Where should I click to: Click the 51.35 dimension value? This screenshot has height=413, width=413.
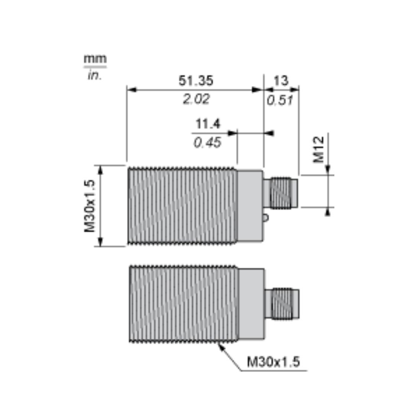(x=196, y=81)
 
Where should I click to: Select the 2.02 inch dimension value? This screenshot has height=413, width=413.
(x=196, y=99)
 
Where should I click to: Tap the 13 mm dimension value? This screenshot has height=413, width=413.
(x=281, y=81)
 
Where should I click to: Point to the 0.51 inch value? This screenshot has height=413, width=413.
(x=280, y=100)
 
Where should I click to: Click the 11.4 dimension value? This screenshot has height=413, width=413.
(x=208, y=124)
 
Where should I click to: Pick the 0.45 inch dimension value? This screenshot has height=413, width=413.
(x=207, y=143)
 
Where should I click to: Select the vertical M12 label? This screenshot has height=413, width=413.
(x=319, y=150)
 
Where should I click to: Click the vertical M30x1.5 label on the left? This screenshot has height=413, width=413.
(x=89, y=206)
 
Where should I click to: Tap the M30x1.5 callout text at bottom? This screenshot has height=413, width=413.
(x=273, y=362)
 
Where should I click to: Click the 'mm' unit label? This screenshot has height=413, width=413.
(x=95, y=59)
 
